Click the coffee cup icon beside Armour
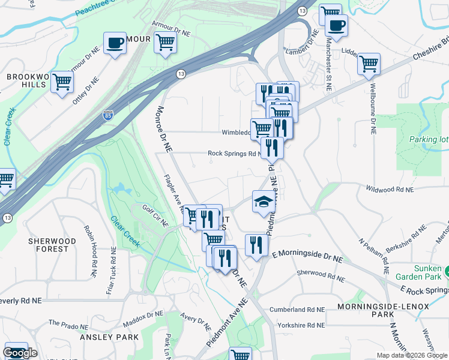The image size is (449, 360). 115,43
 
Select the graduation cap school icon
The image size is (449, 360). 263,202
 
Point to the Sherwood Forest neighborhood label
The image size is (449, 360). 52,245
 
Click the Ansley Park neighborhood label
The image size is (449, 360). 109,337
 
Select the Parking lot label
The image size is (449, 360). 429,140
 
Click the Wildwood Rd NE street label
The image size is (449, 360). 390,189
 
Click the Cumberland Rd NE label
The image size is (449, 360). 297,310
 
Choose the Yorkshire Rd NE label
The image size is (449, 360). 301,325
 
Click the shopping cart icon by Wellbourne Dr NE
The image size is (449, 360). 369,64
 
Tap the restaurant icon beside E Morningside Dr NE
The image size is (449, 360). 256,245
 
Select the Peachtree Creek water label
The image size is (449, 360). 99,9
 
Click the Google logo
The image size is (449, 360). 20,353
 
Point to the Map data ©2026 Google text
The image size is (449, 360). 411,355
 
